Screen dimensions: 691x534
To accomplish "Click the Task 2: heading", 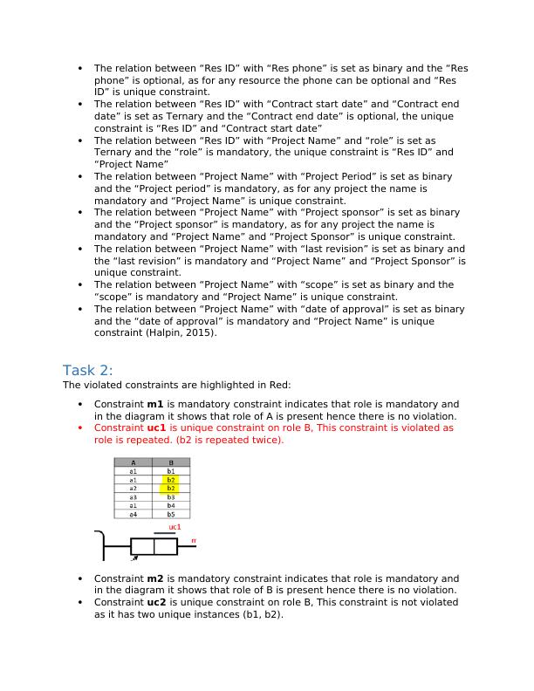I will (x=87, y=370).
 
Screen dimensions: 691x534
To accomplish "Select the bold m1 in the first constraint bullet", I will (x=154, y=405).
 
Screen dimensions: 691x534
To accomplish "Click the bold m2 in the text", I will (x=154, y=578).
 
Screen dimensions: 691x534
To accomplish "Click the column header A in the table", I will (x=133, y=462).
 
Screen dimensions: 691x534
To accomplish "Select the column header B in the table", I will (x=171, y=462).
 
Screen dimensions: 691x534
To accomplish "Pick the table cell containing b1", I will (x=171, y=471).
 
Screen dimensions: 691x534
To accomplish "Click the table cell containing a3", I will (x=133, y=497).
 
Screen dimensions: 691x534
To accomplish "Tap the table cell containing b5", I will (x=171, y=515).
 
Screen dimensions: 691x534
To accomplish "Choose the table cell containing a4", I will (x=133, y=515).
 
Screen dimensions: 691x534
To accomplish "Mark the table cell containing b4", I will (x=171, y=506).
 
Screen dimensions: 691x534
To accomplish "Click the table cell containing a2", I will (x=133, y=489).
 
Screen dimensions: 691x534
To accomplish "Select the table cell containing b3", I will (x=171, y=497).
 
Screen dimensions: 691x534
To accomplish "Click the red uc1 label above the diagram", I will (x=175, y=527).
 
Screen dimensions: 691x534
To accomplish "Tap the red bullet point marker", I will (x=80, y=428).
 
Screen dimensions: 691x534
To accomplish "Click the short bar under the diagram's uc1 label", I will (x=164, y=533).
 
